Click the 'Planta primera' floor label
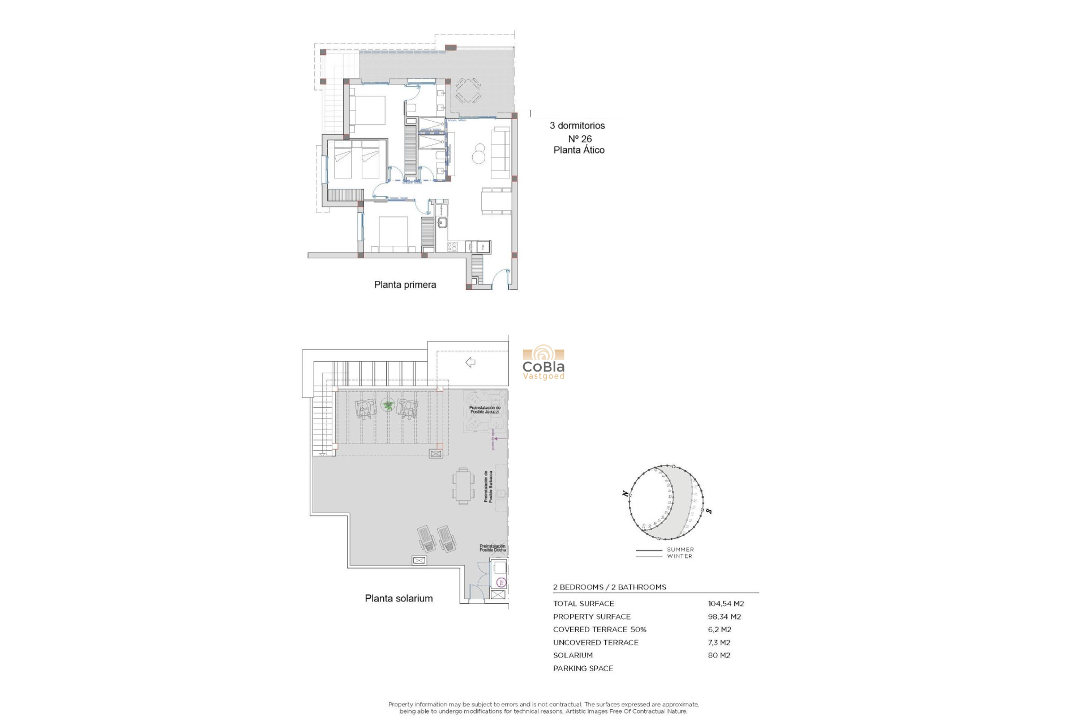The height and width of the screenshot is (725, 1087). tap(405, 285)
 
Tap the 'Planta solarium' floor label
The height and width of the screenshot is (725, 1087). tap(399, 598)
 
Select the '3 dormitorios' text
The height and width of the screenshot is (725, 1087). tap(577, 126)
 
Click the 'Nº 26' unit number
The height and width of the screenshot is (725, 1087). tap(580, 139)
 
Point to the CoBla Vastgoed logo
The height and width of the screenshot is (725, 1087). tap(543, 362)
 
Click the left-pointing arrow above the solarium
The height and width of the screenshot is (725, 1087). tap(470, 362)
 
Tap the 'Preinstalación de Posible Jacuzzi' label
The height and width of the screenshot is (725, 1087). tap(485, 410)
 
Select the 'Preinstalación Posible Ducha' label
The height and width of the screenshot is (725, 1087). tap(492, 548)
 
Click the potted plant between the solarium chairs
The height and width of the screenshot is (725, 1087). tap(388, 404)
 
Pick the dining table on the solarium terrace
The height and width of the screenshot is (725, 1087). tap(463, 486)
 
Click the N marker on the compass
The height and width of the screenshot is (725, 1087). tap(625, 494)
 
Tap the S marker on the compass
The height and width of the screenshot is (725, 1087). tap(709, 511)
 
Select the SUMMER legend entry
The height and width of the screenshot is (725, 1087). tap(679, 549)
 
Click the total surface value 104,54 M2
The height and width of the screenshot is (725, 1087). tap(726, 604)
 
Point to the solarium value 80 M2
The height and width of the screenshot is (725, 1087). tap(718, 655)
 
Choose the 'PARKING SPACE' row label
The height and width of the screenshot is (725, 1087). tap(583, 668)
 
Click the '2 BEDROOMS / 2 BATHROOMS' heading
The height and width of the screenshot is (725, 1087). tap(609, 587)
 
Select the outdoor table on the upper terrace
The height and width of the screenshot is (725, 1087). tap(468, 91)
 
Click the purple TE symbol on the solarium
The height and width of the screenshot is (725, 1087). tap(500, 582)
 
